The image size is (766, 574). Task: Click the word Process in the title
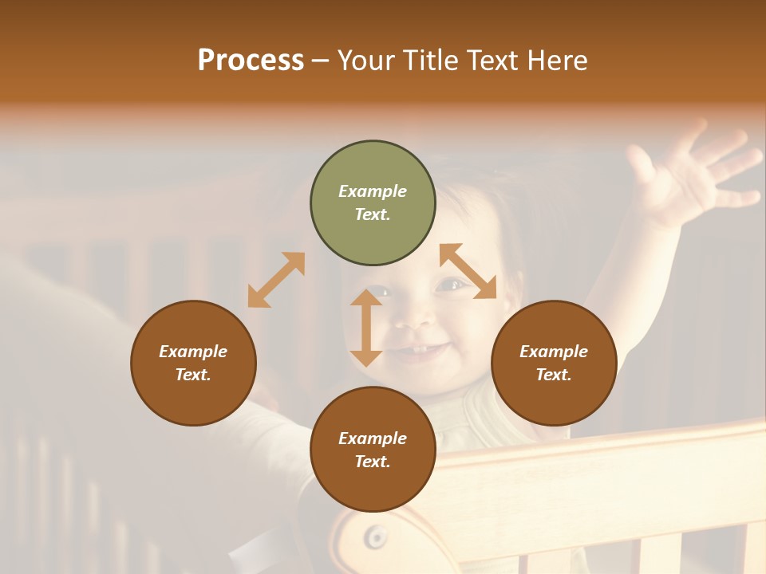tap(251, 61)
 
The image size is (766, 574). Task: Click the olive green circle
tap(373, 203)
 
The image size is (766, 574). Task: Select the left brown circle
tap(193, 363)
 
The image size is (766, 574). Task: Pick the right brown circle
tap(554, 363)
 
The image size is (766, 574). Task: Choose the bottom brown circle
tap(373, 450)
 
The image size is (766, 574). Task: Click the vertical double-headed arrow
tap(366, 328)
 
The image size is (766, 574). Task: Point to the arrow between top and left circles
tap(276, 280)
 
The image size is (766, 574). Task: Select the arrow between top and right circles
tap(468, 271)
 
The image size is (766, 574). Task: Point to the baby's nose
tap(413, 319)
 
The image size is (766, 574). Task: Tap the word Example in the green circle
tap(373, 191)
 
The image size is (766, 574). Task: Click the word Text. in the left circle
tap(193, 375)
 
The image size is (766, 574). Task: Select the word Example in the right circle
tap(554, 352)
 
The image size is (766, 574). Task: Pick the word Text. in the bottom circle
tap(373, 462)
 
